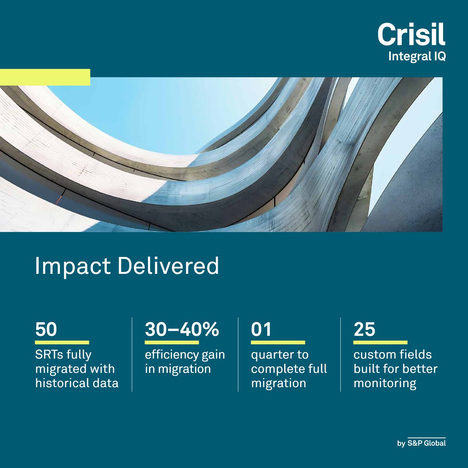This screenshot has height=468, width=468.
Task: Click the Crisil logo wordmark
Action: (411, 35)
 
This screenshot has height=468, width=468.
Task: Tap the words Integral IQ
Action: (417, 57)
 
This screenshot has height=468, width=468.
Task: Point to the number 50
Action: (46, 330)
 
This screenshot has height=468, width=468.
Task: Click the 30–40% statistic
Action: (182, 330)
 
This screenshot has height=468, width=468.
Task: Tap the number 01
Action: (261, 330)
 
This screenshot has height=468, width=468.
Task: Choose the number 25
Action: (364, 330)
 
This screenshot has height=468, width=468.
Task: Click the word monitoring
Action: (385, 383)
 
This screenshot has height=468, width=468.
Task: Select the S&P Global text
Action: (426, 443)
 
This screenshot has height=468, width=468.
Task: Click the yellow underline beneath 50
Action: (62, 342)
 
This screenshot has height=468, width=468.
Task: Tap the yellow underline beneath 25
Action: (380, 342)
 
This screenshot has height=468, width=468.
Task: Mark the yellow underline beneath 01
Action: (278, 342)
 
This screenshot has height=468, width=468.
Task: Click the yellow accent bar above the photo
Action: (45, 77)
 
